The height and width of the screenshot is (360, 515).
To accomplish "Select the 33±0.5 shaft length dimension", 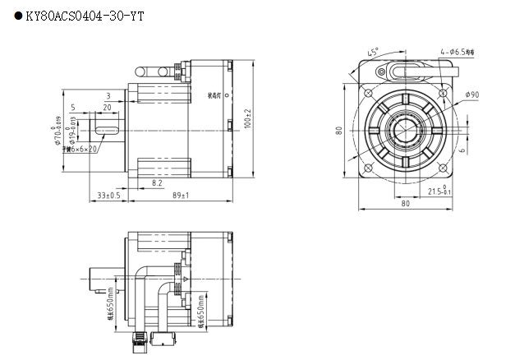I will [x=108, y=196].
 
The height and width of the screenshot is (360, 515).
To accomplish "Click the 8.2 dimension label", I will [x=157, y=183].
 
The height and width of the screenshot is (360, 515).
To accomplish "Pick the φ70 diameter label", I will [x=58, y=132].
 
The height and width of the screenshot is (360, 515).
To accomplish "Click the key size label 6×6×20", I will [x=83, y=149].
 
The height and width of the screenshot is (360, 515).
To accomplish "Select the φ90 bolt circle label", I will [x=471, y=95].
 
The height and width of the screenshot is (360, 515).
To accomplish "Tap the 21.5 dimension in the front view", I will [x=440, y=192].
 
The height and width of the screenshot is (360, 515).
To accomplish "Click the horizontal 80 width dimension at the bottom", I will [x=404, y=204].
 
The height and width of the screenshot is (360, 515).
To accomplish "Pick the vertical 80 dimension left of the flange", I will [x=338, y=130].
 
